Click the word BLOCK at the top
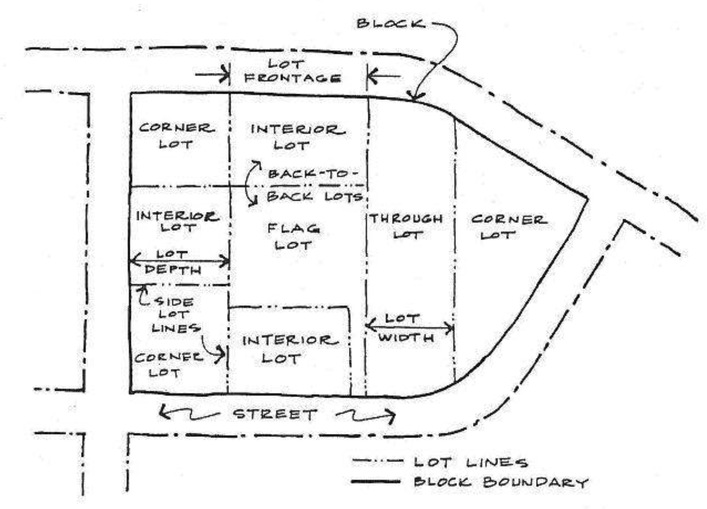point(390,23)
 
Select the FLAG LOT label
point(293,236)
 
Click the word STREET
point(275,414)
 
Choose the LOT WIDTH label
point(406,328)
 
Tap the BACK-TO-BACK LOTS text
point(314,186)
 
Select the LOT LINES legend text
point(470,462)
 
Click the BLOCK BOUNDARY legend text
point(501,482)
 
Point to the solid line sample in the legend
point(375,481)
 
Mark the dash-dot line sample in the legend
point(377,461)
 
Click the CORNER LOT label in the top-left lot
point(176,136)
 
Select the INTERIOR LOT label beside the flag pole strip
point(289,349)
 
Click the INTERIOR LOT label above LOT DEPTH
point(178,221)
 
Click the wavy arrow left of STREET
point(188,414)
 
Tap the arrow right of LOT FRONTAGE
point(383,76)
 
